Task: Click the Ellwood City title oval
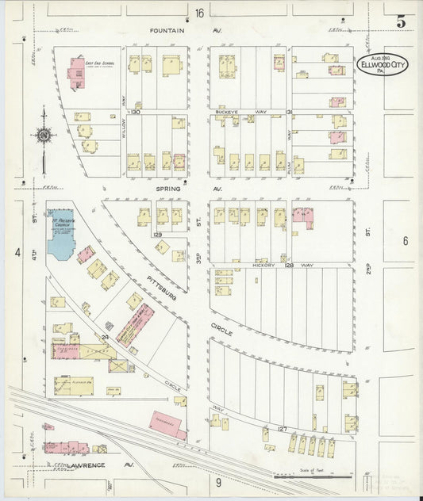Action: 383,64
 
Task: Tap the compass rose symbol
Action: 42,135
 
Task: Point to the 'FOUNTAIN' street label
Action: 169,31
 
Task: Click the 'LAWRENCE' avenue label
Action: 86,465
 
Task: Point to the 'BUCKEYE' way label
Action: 229,113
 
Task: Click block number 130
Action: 136,112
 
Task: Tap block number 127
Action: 282,429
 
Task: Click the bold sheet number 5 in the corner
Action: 401,21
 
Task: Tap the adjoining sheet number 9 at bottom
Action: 217,480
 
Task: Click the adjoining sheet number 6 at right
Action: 405,240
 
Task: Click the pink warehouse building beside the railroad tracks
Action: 167,425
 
